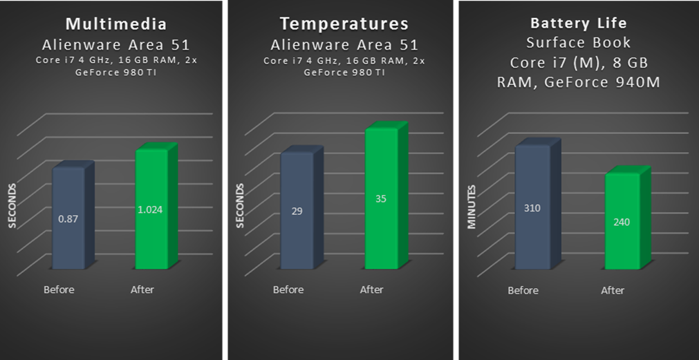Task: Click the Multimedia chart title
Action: point(116,24)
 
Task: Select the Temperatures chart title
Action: point(344,24)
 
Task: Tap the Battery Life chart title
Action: point(579,23)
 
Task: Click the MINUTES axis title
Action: point(472,206)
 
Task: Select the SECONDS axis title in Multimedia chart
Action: point(12,205)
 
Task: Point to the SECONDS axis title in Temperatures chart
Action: point(241,205)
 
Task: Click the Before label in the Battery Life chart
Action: point(523,290)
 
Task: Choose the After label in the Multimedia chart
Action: point(142,289)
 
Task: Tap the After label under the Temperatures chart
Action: point(371,289)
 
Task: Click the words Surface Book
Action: point(578,43)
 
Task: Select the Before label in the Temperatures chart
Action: point(288,289)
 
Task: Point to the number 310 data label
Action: point(532,208)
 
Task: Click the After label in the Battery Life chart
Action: point(613,290)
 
